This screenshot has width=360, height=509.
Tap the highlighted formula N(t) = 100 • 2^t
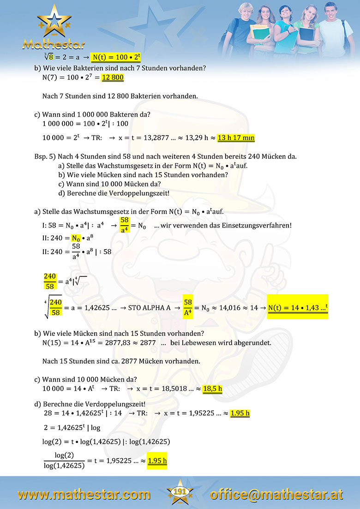pyautogui.click(x=116, y=57)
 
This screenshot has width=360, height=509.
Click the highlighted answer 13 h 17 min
pyautogui.click(x=236, y=138)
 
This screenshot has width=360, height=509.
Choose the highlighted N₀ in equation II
pyautogui.click(x=76, y=239)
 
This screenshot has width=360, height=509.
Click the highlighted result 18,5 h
pyautogui.click(x=213, y=389)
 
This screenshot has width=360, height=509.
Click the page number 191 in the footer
pyautogui.click(x=180, y=492)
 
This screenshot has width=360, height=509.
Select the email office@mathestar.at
pyautogui.click(x=276, y=495)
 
